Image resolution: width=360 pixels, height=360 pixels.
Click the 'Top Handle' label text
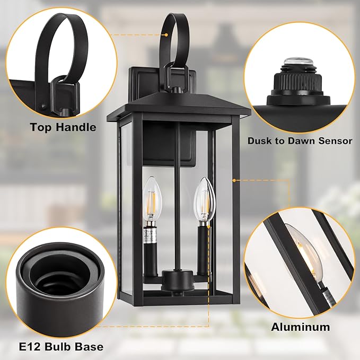[x=63, y=127]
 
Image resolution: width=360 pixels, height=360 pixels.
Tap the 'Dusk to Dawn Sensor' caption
[x=300, y=141]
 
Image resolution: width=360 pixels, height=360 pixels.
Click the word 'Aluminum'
[x=301, y=327]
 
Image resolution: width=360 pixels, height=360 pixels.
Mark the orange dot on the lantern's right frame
[x=234, y=180]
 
